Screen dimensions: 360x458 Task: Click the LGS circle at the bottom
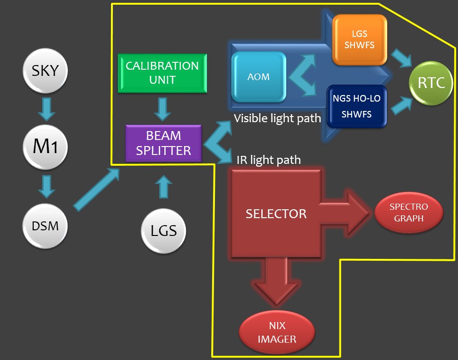[163, 230]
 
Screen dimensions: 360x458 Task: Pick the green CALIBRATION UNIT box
[162, 73]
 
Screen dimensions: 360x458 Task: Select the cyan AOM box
[259, 76]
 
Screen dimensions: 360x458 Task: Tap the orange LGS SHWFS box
[360, 40]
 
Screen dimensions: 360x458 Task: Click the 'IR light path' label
[268, 160]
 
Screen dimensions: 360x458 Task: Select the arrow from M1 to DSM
[46, 186]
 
